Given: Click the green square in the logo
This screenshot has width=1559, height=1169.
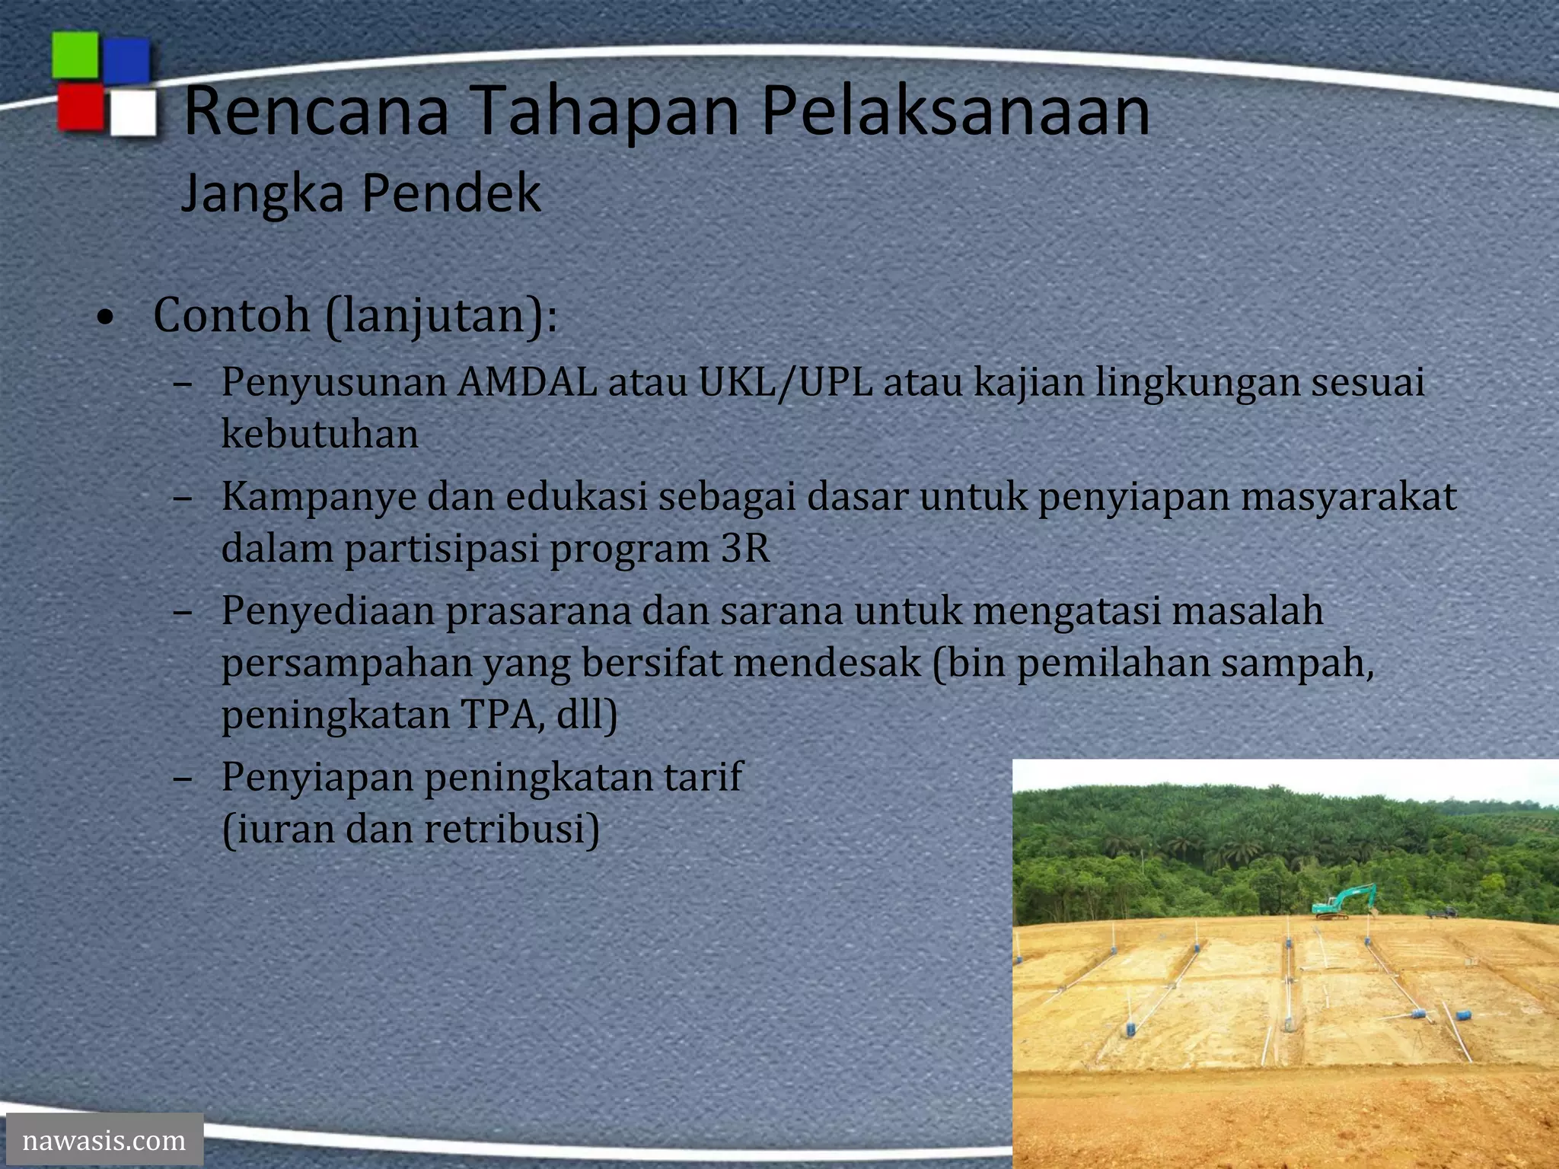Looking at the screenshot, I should pyautogui.click(x=75, y=55).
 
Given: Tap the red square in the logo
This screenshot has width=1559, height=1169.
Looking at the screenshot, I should pyautogui.click(x=81, y=107).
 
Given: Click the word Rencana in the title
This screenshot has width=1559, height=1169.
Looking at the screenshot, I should pyautogui.click(x=316, y=111).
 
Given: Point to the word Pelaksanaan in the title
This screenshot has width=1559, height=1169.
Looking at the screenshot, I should pyautogui.click(x=955, y=111).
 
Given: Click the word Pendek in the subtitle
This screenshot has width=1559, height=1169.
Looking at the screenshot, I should pyautogui.click(x=451, y=193).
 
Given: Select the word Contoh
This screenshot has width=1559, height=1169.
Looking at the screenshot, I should pyautogui.click(x=231, y=315).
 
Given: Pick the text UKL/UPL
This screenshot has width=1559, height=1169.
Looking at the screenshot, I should pyautogui.click(x=786, y=382).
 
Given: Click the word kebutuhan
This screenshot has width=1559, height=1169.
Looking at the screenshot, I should pyautogui.click(x=320, y=435).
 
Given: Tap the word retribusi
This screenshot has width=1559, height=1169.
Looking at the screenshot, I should pyautogui.click(x=512, y=829).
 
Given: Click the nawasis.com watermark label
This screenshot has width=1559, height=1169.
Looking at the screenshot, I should pyautogui.click(x=104, y=1140).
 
